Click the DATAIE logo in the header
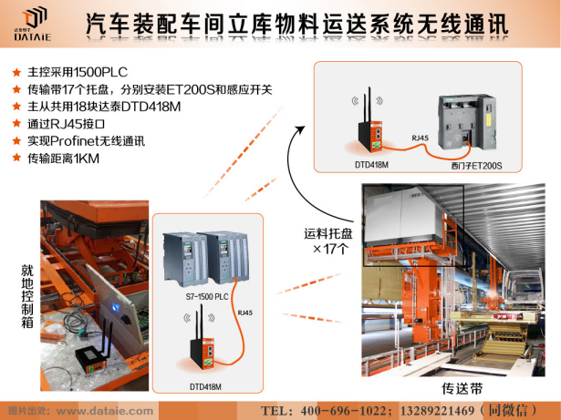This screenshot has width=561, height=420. [32, 24]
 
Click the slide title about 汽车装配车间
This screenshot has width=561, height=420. [296, 25]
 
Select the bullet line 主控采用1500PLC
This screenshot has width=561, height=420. [78, 72]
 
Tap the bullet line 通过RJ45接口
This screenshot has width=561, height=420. [67, 124]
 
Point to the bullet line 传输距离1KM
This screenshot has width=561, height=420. [63, 159]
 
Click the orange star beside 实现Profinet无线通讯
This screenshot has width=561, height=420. [16, 140]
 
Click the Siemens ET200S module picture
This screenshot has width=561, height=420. [467, 122]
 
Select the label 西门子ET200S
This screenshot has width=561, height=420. [476, 166]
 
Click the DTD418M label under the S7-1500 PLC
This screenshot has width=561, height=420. [205, 387]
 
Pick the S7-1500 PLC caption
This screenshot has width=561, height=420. [207, 297]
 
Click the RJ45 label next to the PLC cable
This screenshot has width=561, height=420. [245, 312]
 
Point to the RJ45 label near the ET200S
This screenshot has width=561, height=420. [420, 138]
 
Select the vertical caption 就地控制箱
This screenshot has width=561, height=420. [27, 296]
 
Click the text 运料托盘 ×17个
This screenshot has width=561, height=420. [328, 241]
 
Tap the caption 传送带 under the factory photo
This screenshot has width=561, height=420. [462, 388]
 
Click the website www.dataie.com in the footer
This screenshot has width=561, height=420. [105, 411]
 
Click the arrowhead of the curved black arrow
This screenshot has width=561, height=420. [300, 129]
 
